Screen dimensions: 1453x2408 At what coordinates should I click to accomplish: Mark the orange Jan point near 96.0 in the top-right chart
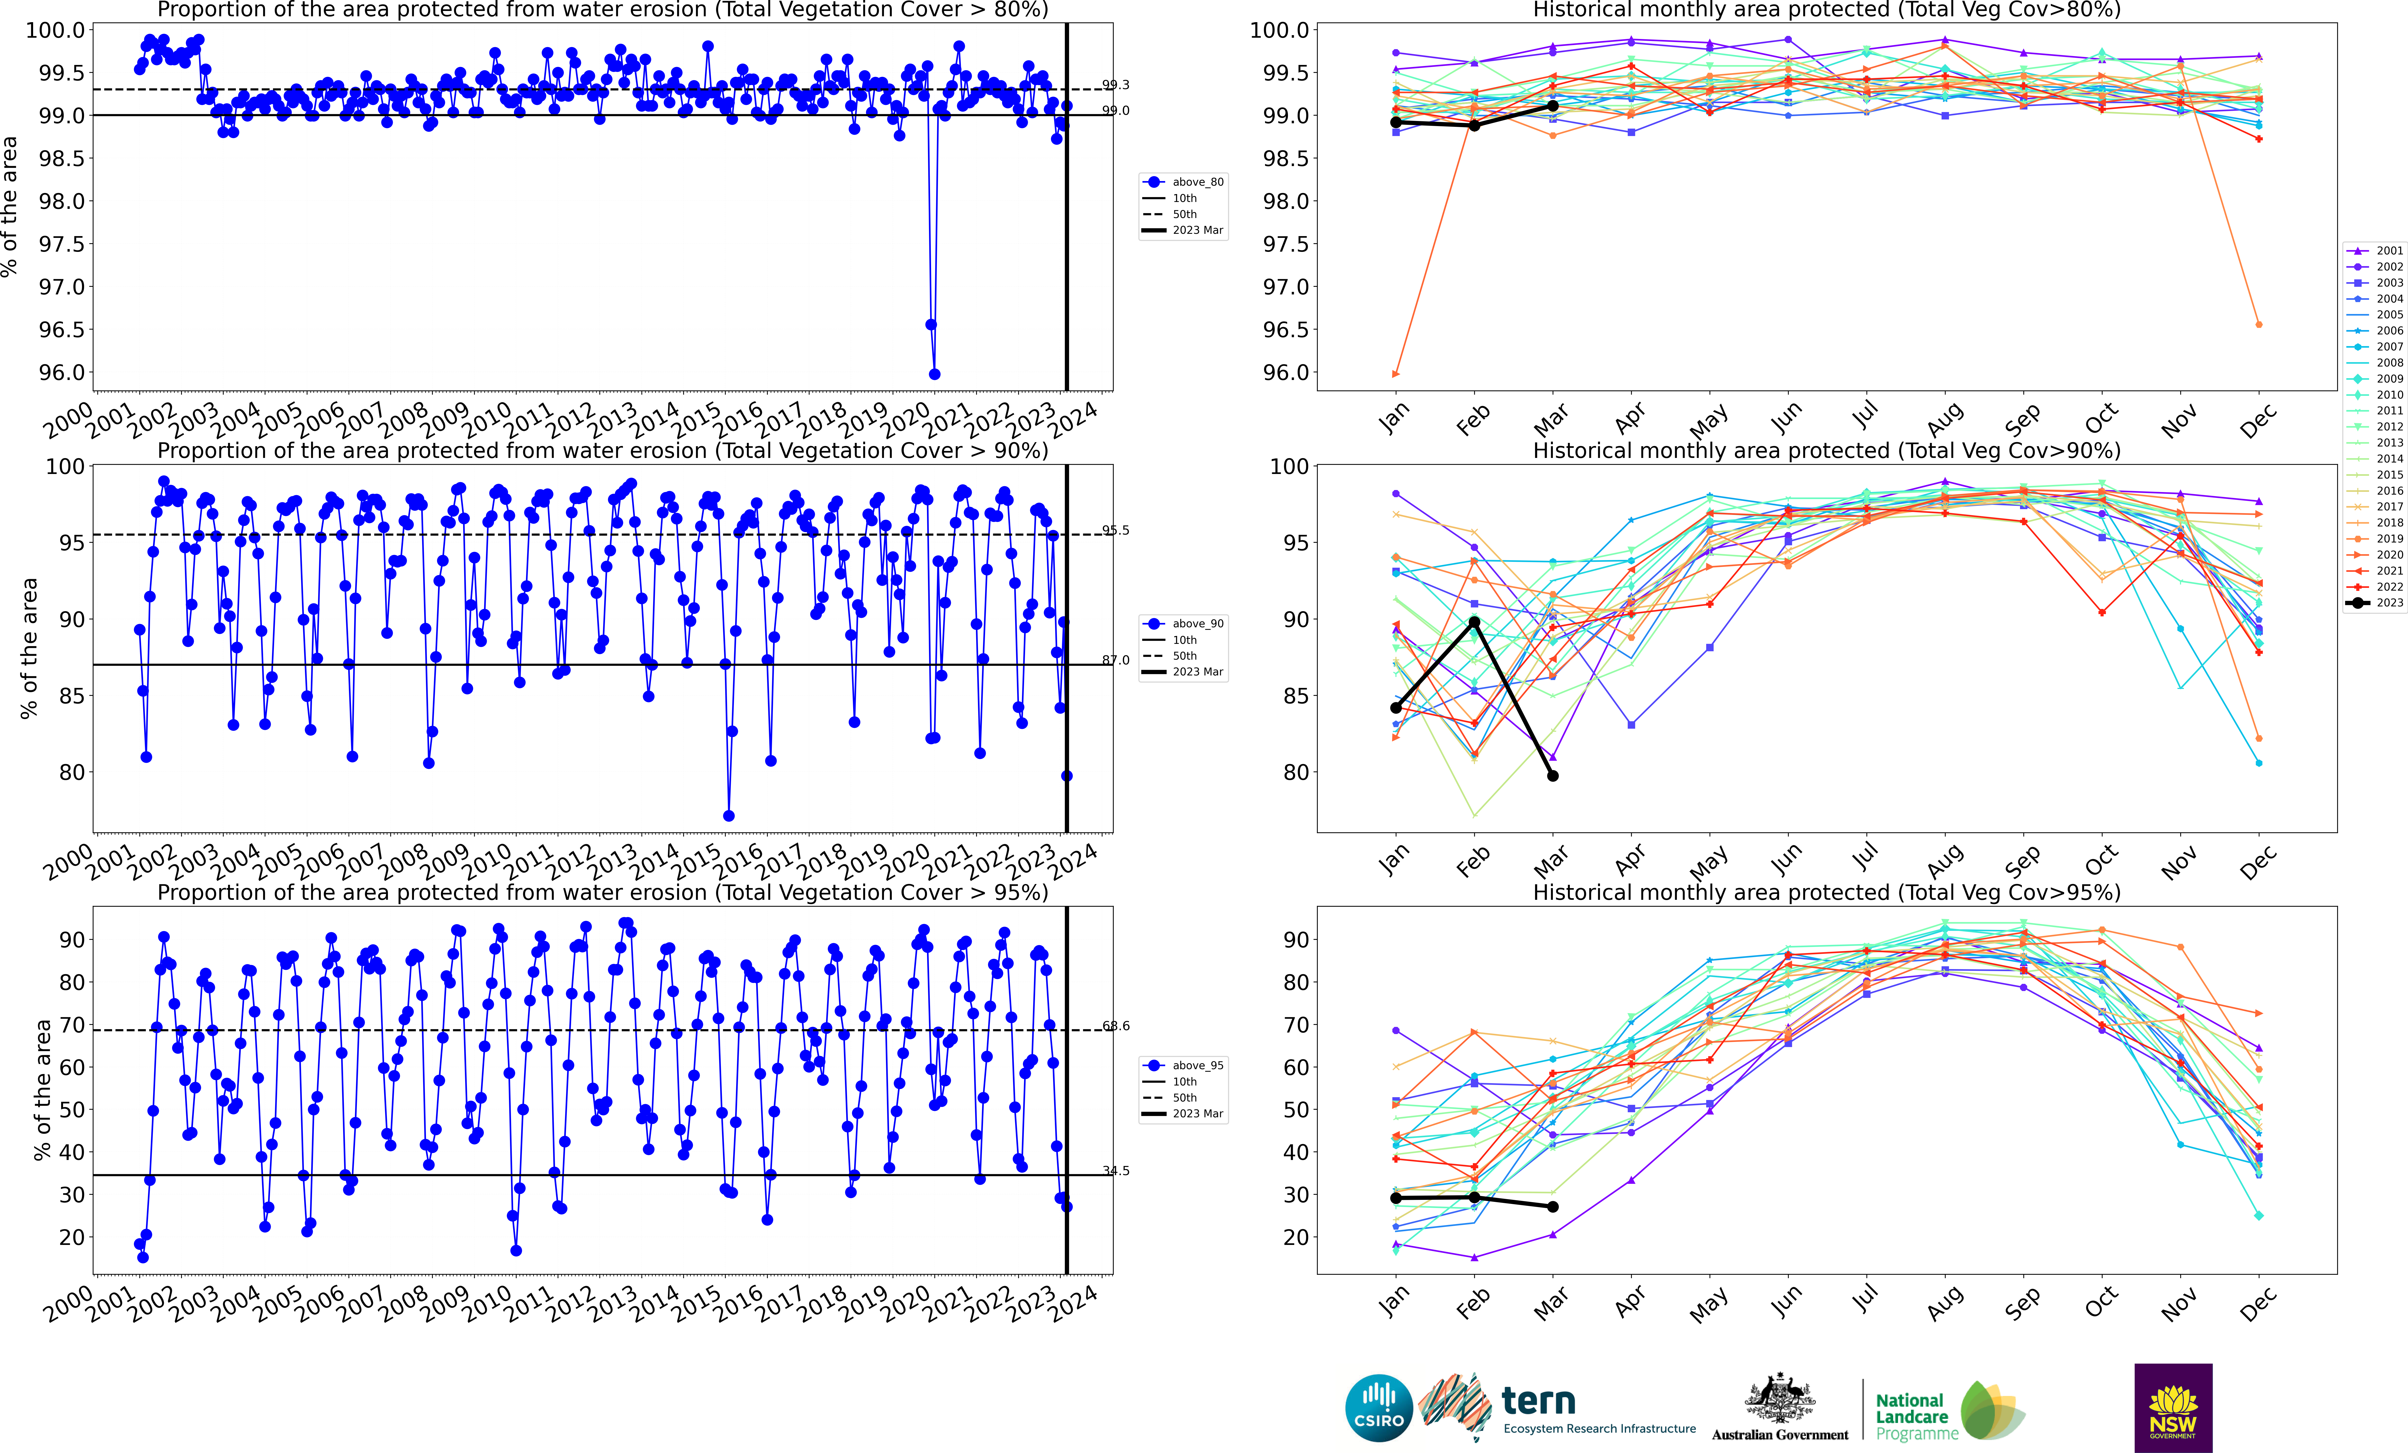(1395, 374)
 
